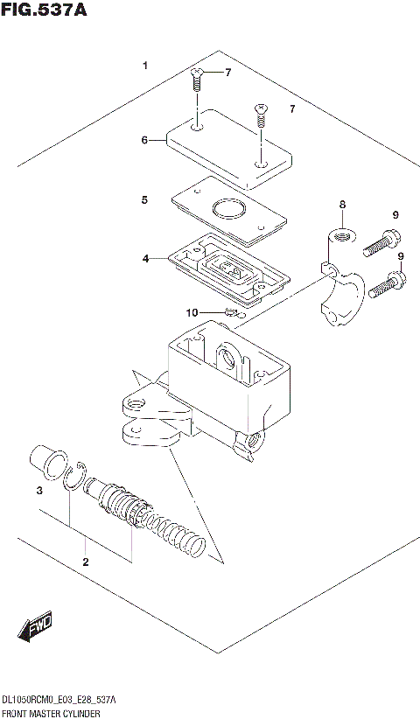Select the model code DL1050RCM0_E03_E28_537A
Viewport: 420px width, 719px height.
[x=59, y=702]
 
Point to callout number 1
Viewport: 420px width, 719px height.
[x=145, y=66]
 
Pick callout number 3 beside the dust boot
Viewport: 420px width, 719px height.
[x=38, y=492]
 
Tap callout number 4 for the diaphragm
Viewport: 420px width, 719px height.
[x=145, y=258]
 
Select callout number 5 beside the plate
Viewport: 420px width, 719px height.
[x=145, y=200]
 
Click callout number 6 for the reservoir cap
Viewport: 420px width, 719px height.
[x=145, y=139]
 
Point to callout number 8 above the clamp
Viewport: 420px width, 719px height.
[x=342, y=205]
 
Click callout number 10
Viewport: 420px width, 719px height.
[x=191, y=311]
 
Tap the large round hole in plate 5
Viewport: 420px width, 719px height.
[x=228, y=210]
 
